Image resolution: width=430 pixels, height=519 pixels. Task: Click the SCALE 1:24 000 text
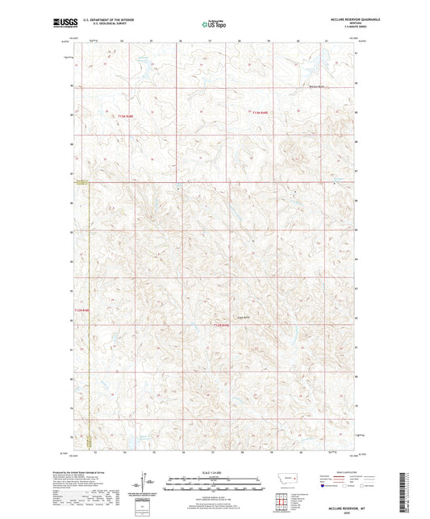click(x=215, y=472)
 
